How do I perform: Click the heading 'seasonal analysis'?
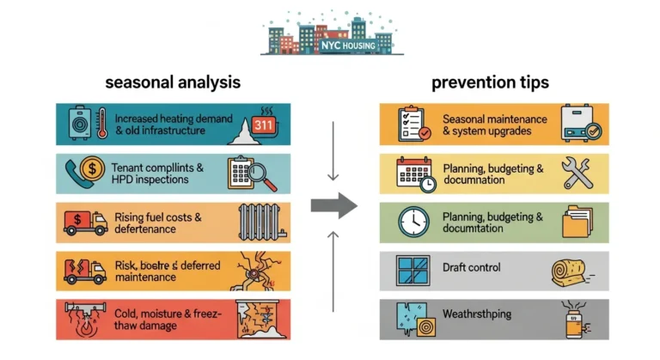tap(172, 82)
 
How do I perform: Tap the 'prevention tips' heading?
tap(490, 82)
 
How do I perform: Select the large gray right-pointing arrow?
tap(333, 204)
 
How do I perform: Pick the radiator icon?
tap(257, 222)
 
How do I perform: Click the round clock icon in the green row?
tap(413, 223)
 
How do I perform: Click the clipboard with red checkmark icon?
tap(412, 123)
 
